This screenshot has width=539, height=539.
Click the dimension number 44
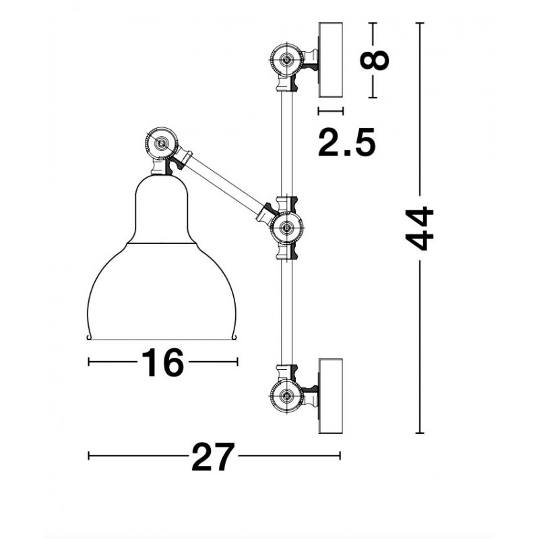pyautogui.click(x=419, y=228)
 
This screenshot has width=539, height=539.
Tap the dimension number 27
pyautogui.click(x=214, y=457)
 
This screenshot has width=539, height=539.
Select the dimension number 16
pyautogui.click(x=162, y=362)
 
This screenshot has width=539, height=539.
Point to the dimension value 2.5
pyautogui.click(x=346, y=142)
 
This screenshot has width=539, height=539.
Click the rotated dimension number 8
pyautogui.click(x=374, y=60)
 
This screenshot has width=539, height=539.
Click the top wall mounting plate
pyautogui.click(x=331, y=60)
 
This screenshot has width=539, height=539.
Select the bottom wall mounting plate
pyautogui.click(x=331, y=396)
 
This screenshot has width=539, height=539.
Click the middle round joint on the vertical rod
pyautogui.click(x=287, y=228)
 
